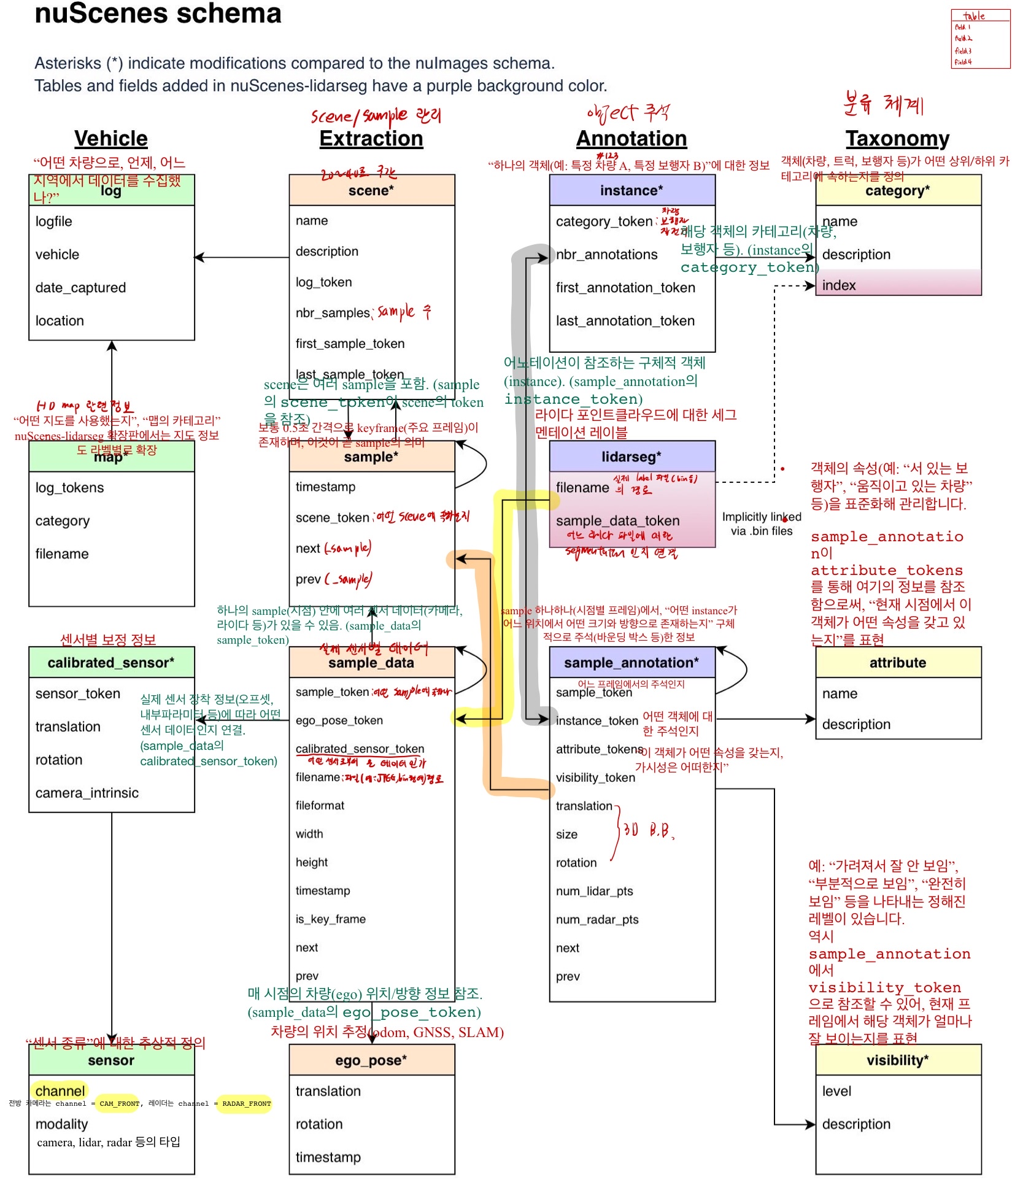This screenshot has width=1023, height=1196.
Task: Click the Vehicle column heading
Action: tap(111, 139)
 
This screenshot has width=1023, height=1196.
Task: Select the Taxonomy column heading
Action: tap(897, 139)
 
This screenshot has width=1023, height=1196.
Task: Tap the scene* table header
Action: tap(371, 190)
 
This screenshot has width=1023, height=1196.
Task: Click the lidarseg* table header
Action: tap(631, 457)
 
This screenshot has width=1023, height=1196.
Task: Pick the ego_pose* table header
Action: tap(371, 1060)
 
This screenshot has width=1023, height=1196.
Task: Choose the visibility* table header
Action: tap(897, 1060)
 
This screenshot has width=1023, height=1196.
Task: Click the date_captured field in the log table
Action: tap(80, 288)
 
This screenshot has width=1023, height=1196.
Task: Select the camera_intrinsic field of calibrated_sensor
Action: tap(87, 793)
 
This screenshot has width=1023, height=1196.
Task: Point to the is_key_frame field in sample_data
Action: tap(331, 919)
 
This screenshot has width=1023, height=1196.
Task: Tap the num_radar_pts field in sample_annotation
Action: tap(597, 919)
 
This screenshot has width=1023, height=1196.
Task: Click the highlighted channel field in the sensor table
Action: tap(60, 1091)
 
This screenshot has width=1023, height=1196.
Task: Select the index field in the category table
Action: tap(839, 285)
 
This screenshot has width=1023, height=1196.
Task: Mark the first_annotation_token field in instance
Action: tap(625, 288)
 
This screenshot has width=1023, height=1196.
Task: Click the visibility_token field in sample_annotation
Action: tap(595, 777)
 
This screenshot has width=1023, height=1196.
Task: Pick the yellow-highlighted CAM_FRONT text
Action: tap(119, 1103)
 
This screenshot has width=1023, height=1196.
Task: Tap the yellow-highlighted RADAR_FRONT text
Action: tap(246, 1103)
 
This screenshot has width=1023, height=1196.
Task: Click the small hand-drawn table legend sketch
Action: tap(980, 39)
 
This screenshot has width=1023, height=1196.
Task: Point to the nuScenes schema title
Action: tap(158, 14)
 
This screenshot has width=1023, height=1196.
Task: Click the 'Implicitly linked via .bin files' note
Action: tap(761, 524)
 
